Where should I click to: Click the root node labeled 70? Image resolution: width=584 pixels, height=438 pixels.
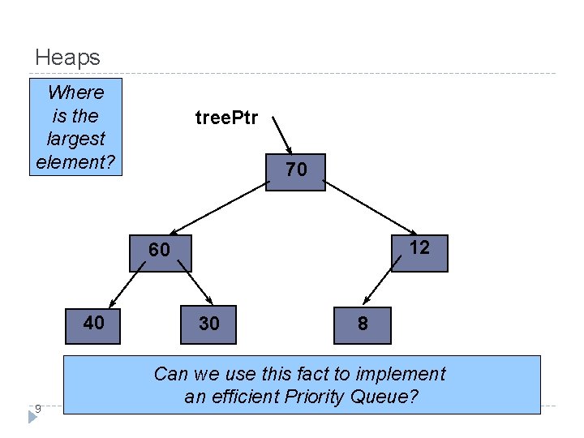pyautogui.click(x=296, y=172)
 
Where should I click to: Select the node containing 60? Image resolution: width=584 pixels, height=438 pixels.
pyautogui.click(x=160, y=251)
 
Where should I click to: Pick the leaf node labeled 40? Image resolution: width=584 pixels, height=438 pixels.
pyautogui.click(x=93, y=324)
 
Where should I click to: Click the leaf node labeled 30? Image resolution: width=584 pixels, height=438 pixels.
pyautogui.click(x=208, y=324)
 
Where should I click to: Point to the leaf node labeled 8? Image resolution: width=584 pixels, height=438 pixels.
pyautogui.click(x=363, y=324)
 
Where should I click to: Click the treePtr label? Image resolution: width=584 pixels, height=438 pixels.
pyautogui.click(x=226, y=118)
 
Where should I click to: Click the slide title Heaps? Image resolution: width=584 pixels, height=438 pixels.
pyautogui.click(x=68, y=58)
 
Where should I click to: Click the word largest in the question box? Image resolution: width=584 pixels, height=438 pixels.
pyautogui.click(x=75, y=139)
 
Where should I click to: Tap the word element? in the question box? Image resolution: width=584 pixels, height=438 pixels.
pyautogui.click(x=75, y=161)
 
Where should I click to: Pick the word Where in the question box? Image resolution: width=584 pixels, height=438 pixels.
pyautogui.click(x=75, y=92)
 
